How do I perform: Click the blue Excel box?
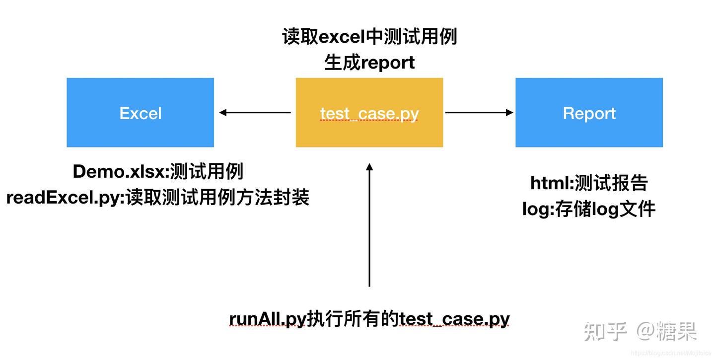tap(141, 112)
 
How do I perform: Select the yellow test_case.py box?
tap(369, 112)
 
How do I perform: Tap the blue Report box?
tap(589, 112)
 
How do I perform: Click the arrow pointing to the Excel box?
tap(255, 112)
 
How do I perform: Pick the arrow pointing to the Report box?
tap(479, 112)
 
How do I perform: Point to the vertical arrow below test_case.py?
tap(369, 225)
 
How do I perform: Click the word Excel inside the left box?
tap(141, 113)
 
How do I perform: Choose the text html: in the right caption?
tap(552, 184)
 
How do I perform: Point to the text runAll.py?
tap(268, 319)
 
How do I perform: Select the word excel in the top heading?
tap(342, 37)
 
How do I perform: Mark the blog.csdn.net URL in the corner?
tap(671, 353)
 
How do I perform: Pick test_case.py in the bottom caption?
tap(454, 319)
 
